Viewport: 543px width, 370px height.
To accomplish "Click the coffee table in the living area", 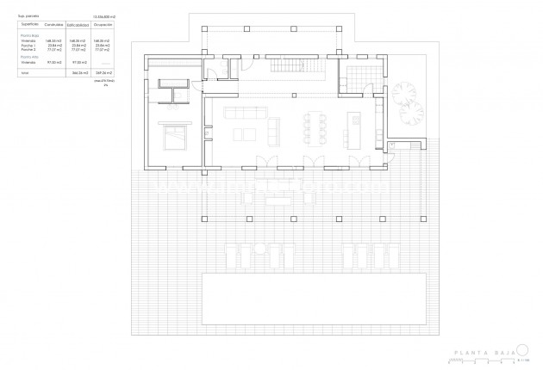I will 244,133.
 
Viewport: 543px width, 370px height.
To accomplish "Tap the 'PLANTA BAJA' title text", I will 483,353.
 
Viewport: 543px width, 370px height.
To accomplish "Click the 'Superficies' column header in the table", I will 29,25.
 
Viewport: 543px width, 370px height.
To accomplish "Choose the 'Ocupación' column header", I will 104,25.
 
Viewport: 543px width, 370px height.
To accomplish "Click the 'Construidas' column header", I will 54,25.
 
